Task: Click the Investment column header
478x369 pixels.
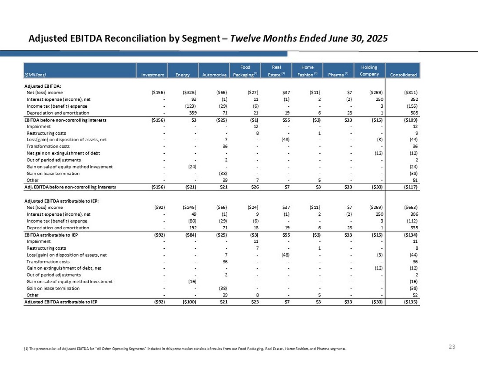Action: point(153,75)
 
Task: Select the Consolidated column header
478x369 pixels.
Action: point(405,75)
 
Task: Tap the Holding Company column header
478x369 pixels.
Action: point(369,70)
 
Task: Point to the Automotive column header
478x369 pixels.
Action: point(215,75)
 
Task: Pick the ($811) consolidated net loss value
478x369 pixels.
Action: point(409,92)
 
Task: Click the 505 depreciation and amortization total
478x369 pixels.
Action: point(413,113)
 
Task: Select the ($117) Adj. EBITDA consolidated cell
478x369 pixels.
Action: point(409,187)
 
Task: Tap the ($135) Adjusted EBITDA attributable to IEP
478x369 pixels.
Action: point(409,302)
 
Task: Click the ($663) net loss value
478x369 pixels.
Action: point(409,207)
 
